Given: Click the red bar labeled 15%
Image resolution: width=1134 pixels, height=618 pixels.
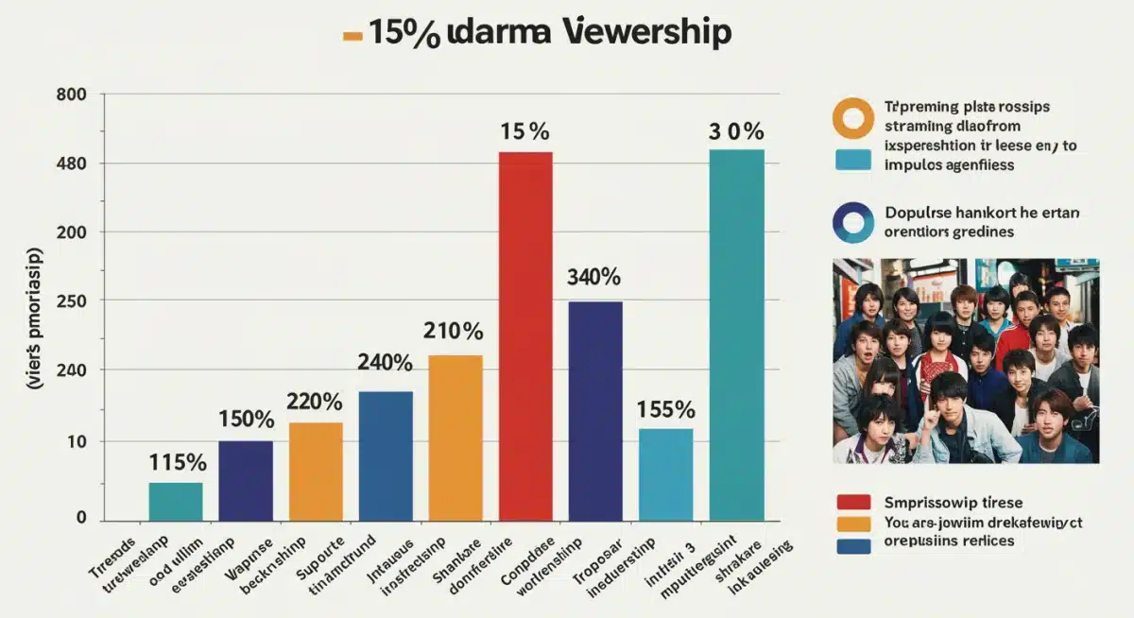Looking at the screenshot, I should [x=525, y=335].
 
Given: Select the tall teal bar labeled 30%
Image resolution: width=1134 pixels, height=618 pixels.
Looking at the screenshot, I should [x=736, y=335].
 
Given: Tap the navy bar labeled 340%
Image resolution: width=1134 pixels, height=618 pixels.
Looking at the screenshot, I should [x=595, y=410].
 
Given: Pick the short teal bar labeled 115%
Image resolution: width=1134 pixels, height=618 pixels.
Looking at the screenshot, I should [x=175, y=501].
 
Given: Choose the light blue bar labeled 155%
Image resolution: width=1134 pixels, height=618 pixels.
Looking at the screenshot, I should [x=665, y=474].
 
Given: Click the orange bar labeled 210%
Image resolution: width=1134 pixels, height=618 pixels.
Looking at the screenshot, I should [x=455, y=438].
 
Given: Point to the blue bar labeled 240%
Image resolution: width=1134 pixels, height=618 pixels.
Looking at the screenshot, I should [x=386, y=455].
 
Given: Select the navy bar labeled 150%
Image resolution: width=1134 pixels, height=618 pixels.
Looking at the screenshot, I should [x=246, y=480].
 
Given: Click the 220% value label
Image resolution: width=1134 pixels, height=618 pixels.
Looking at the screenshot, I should [x=315, y=402].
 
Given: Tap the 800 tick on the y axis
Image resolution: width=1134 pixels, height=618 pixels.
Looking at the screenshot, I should [x=72, y=94].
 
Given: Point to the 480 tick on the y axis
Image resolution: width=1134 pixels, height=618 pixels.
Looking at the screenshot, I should [x=72, y=163].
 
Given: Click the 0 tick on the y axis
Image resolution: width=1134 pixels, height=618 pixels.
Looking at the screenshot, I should [x=80, y=518].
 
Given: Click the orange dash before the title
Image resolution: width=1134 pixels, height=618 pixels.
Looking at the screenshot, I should [x=352, y=36].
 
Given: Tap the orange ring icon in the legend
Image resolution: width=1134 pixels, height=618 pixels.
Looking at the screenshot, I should [x=852, y=117].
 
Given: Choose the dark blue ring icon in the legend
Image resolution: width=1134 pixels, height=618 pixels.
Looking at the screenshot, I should [x=852, y=222].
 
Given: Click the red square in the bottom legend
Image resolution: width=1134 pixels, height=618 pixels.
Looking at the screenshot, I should [x=853, y=503].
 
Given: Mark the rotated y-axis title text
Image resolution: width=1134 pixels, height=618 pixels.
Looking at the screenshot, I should [x=36, y=318].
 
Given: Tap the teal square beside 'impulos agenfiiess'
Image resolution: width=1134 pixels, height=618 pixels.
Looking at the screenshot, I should [x=853, y=159].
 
